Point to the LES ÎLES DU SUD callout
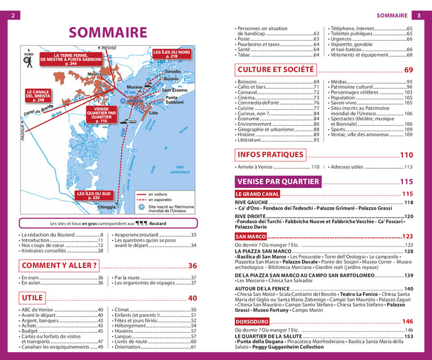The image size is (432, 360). [x=94, y=195]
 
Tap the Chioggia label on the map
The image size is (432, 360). [x=106, y=207]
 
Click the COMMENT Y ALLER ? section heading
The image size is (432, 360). [x=59, y=266]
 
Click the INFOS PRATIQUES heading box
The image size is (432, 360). [x=271, y=155]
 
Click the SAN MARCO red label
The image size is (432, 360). [x=251, y=236]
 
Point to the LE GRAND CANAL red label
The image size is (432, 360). [x=258, y=194]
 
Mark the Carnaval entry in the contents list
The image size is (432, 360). [x=252, y=92]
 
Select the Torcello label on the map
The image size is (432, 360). [x=172, y=72]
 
